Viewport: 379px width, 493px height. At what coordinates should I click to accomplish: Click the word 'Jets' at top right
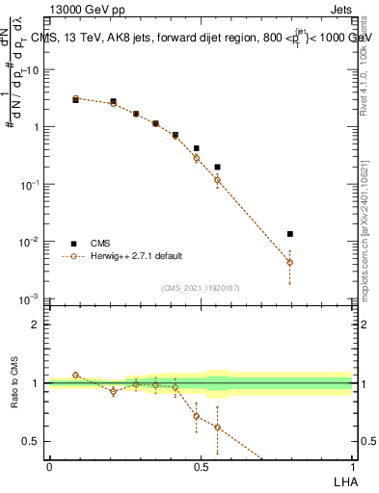[340, 10]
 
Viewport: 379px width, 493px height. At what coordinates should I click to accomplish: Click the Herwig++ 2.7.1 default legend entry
[135, 256]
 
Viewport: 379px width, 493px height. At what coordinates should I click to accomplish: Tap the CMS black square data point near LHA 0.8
[289, 234]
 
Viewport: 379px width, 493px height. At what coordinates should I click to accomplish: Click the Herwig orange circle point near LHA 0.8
[289, 262]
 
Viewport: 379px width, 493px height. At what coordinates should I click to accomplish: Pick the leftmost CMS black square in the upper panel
[76, 99]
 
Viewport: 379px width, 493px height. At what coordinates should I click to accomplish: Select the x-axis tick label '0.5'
[201, 465]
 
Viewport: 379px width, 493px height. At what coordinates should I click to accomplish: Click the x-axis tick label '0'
[49, 465]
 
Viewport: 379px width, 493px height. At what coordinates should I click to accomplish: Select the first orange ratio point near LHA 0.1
[76, 375]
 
